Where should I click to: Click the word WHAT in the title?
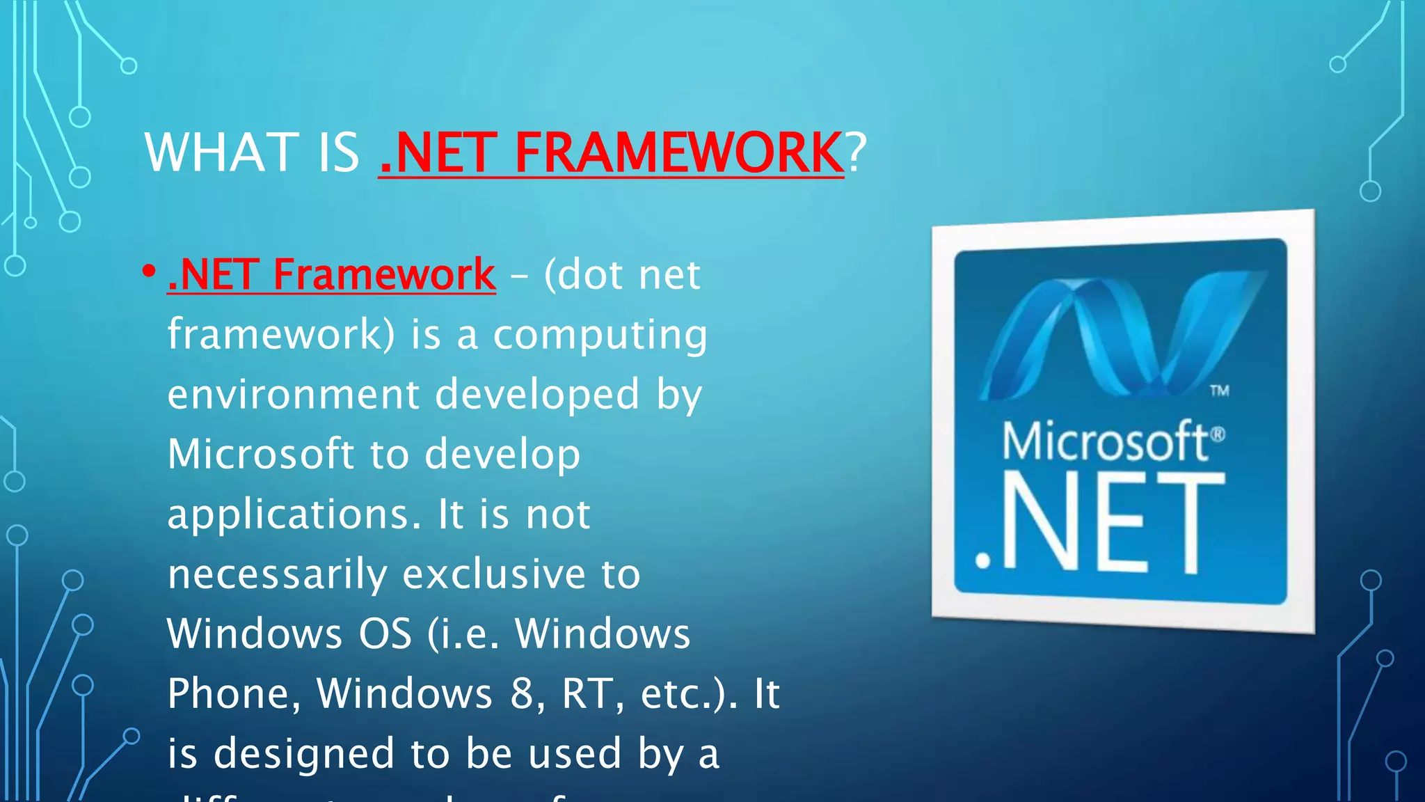point(221,152)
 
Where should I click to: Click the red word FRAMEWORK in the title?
point(678,152)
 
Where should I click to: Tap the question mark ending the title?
point(857,152)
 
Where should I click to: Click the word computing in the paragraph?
point(600,335)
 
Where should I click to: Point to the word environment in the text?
point(293,395)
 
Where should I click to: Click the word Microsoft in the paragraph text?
point(260,454)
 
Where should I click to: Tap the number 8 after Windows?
point(522,694)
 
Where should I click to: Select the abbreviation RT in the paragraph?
point(591,694)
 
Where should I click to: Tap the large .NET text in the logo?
point(1099,522)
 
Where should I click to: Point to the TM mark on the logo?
point(1219,391)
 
